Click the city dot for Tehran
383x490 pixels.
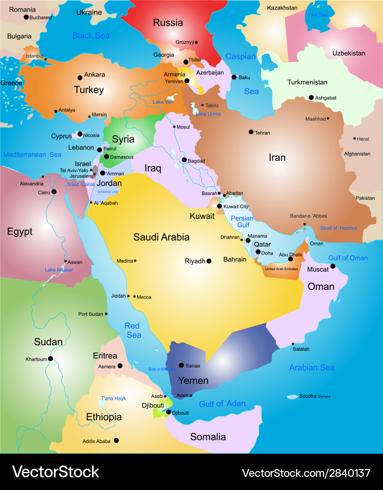click(251, 132)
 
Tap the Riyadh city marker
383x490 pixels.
click(209, 261)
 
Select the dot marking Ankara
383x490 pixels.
click(80, 78)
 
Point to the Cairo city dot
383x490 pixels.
click(54, 192)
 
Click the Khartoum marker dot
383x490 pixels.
click(50, 358)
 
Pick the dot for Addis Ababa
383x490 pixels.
click(116, 440)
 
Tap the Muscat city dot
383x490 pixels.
click(333, 266)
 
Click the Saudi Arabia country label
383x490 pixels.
click(161, 237)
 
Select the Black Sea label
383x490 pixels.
click(91, 35)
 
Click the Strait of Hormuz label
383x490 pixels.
click(339, 228)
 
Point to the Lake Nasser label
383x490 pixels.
click(59, 270)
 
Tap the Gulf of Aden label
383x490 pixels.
click(222, 403)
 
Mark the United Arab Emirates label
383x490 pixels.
click(281, 269)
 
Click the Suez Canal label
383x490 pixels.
click(80, 184)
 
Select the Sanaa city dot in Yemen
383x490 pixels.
click(181, 365)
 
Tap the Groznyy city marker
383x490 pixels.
click(196, 43)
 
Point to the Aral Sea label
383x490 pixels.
click(318, 15)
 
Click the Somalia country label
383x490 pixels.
click(208, 436)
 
